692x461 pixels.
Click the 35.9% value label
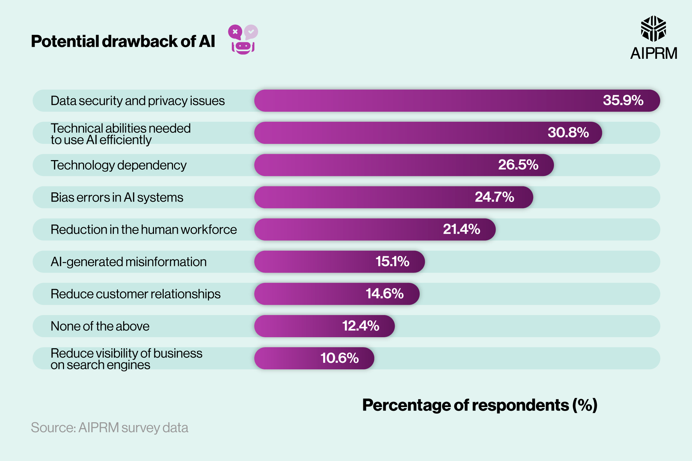pos(623,100)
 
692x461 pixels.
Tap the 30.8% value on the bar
pos(568,132)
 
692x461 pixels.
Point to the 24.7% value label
pos(494,197)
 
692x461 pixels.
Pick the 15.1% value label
pos(392,261)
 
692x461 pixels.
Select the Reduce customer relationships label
pos(135,294)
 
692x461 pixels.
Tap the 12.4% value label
pos(361,326)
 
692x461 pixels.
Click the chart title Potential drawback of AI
pos(123,41)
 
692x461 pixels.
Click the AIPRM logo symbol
pos(653,29)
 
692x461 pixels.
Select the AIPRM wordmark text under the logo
pos(653,54)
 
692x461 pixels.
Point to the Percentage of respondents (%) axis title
pos(480,405)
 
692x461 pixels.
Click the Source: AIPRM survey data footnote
pos(109,428)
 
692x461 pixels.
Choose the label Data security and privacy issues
pos(137,101)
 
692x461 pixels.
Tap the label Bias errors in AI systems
pos(117,197)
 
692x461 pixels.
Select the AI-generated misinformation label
pos(128,262)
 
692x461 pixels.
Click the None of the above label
pos(100,326)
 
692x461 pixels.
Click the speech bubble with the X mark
pos(235,32)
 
